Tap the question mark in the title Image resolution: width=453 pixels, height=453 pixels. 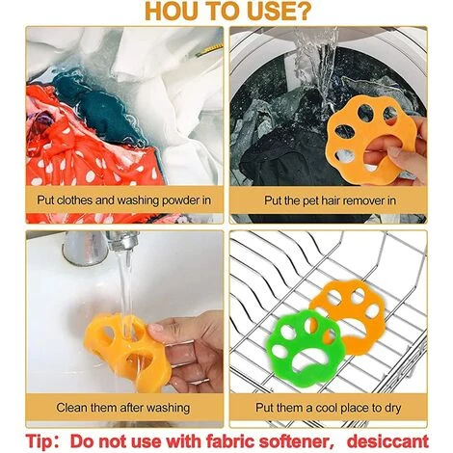[303, 11]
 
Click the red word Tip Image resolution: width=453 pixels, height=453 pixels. [38, 441]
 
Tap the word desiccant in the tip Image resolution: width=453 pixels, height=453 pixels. [387, 440]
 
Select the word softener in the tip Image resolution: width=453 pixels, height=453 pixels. [295, 441]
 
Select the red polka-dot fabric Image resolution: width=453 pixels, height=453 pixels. [84, 151]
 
